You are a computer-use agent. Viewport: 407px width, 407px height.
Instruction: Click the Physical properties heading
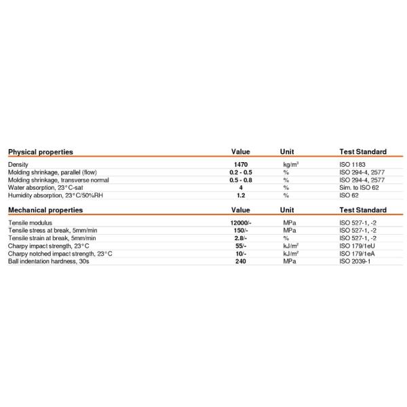[x=40, y=152]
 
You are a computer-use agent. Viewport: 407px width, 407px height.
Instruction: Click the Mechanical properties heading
[x=45, y=210]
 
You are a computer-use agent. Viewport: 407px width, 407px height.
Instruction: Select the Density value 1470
[x=241, y=165]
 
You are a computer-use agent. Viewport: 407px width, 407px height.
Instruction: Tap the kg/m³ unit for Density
[x=290, y=165]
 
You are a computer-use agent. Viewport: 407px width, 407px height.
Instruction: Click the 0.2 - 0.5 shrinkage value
[x=241, y=172]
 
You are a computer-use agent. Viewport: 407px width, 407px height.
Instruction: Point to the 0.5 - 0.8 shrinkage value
[x=241, y=180]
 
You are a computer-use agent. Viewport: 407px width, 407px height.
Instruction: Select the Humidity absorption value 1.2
[x=241, y=195]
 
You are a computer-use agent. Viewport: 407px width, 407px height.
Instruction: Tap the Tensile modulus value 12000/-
[x=241, y=222]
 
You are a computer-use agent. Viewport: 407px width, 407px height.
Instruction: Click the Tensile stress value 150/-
[x=241, y=231]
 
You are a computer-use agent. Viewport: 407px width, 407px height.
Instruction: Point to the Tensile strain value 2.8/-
[x=241, y=238]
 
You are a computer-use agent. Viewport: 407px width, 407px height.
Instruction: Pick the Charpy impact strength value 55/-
[x=241, y=246]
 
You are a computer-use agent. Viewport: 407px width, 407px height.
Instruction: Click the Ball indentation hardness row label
[x=49, y=261]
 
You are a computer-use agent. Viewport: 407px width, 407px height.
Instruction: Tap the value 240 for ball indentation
[x=241, y=261]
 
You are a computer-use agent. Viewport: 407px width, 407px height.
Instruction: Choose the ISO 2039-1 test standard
[x=356, y=261]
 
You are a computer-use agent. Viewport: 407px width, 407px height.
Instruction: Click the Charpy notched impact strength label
[x=60, y=254]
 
